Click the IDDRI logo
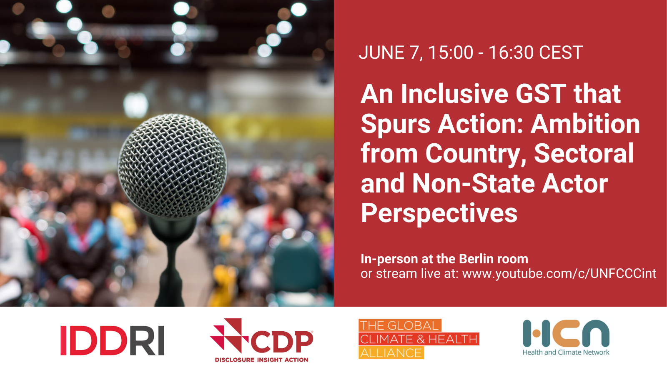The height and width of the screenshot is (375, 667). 112,340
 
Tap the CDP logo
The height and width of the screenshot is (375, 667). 261,340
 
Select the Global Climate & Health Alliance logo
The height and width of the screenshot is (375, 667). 419,339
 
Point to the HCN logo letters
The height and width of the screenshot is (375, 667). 566,333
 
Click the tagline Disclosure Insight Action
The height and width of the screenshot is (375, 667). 261,360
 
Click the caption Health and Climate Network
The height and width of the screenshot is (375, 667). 566,352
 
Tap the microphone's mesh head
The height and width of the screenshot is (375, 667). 172,166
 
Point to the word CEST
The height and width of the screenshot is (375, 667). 561,52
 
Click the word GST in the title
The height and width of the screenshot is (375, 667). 541,94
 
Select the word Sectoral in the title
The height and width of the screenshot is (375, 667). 584,154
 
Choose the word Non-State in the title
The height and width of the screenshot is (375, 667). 474,184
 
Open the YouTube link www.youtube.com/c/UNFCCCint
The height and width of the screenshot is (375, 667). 559,274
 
